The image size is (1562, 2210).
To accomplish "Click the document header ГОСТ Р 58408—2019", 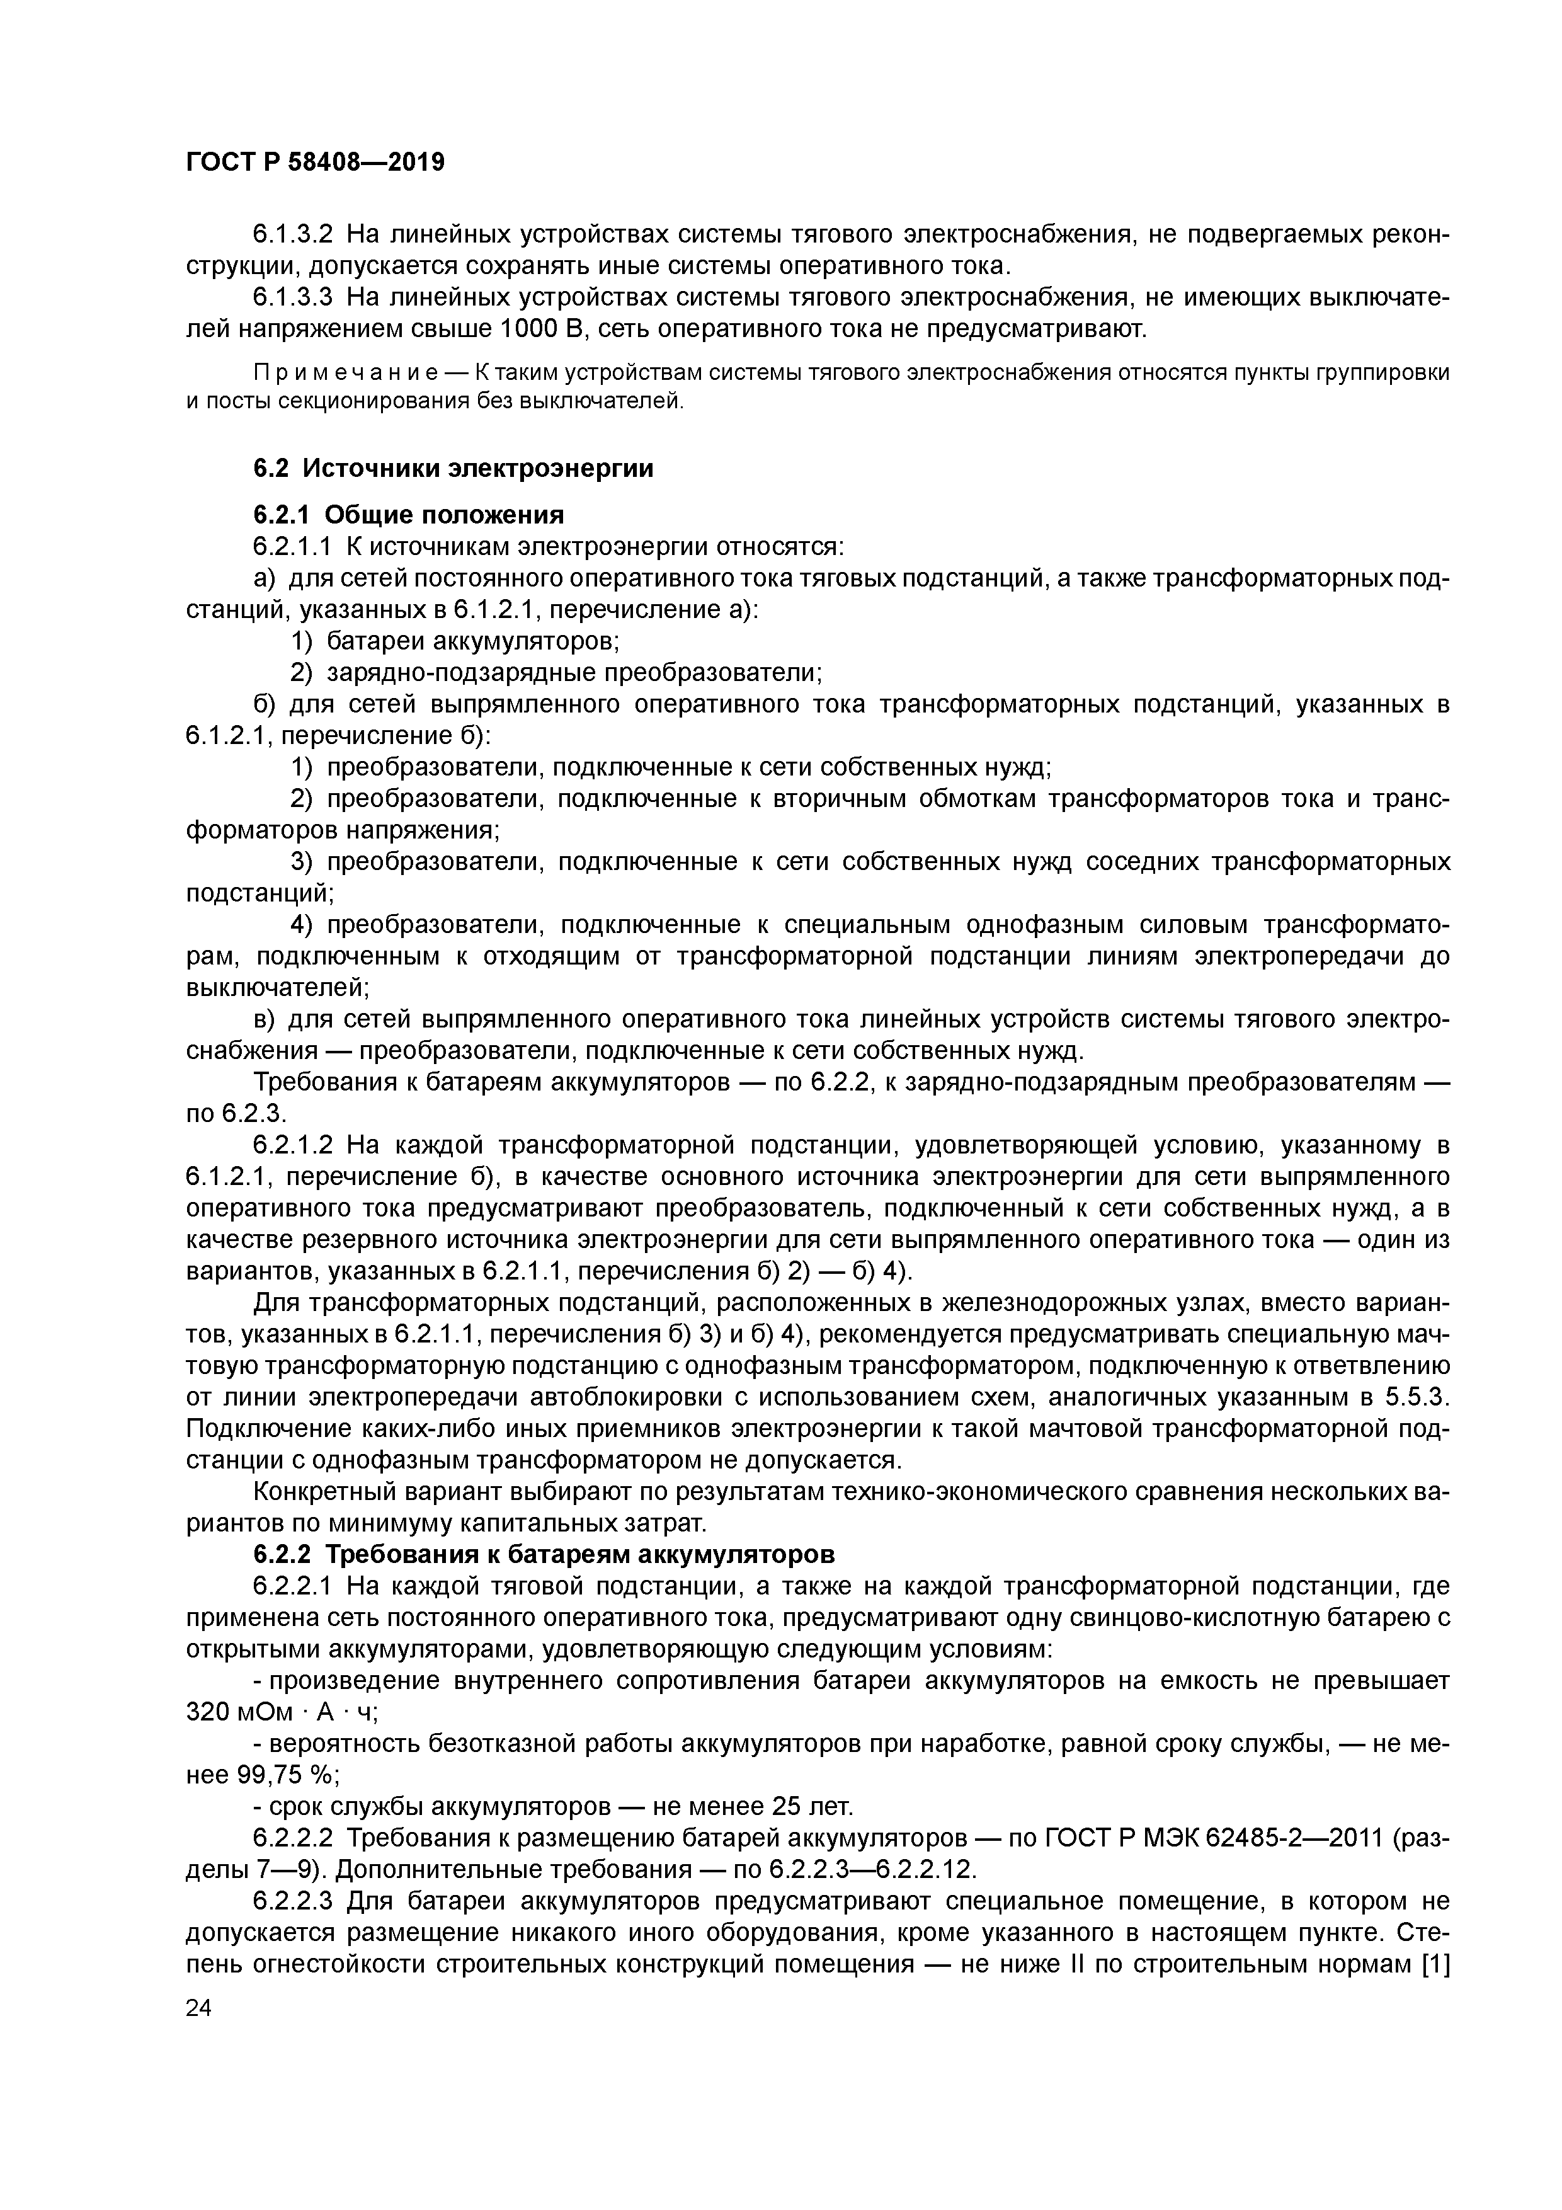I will pyautogui.click(x=315, y=163).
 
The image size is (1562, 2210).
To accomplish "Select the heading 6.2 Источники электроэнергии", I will pyautogui.click(x=453, y=469).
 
